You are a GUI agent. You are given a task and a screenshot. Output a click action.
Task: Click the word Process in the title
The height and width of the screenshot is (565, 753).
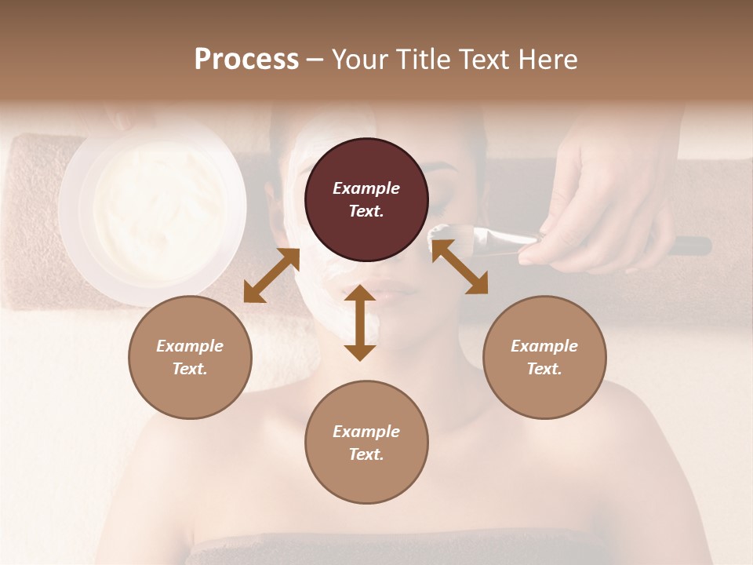tap(246, 60)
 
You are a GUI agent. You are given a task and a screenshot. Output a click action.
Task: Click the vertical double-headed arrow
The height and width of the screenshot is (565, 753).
tap(360, 323)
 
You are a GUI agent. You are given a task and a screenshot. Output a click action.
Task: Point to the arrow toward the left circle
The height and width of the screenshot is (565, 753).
tap(271, 275)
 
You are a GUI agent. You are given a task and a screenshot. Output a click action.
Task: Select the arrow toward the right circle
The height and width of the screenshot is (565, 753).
tap(460, 267)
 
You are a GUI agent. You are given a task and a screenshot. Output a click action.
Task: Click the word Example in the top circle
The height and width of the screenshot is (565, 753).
tap(366, 188)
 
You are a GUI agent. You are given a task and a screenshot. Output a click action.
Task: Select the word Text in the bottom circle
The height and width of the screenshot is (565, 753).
tap(366, 454)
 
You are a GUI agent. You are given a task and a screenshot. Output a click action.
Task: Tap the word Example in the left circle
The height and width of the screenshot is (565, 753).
tap(190, 346)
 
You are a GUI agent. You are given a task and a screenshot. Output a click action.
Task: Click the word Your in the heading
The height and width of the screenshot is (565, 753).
tap(359, 60)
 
